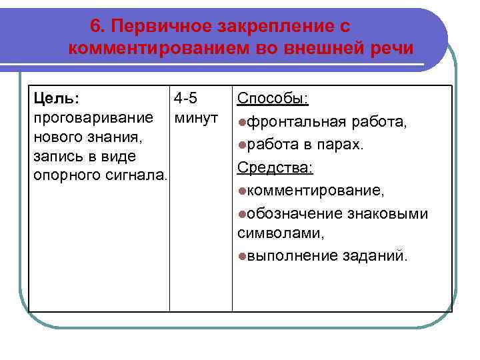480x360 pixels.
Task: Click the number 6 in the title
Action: click(x=95, y=26)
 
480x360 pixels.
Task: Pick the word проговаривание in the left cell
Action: click(x=83, y=118)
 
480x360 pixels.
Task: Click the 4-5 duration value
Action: click(x=185, y=99)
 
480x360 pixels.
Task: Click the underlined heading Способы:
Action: click(x=273, y=99)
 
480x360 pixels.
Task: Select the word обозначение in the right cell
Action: click(x=290, y=214)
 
